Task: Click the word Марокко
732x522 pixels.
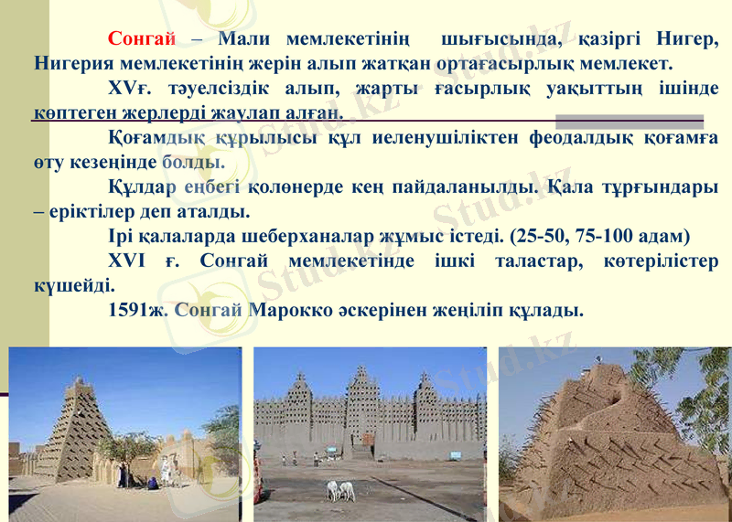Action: coord(298,309)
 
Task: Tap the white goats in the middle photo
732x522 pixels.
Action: coord(340,490)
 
